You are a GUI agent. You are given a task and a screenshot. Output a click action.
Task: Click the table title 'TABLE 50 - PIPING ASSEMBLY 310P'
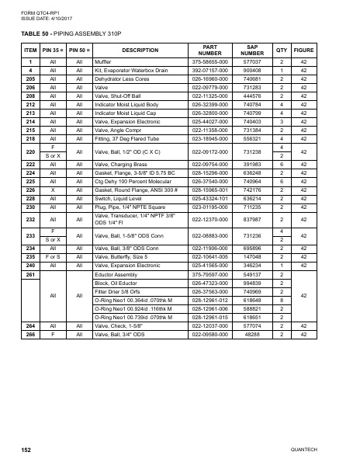[x=67, y=35]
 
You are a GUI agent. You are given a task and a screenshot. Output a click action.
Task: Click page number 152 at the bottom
[x=26, y=450]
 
